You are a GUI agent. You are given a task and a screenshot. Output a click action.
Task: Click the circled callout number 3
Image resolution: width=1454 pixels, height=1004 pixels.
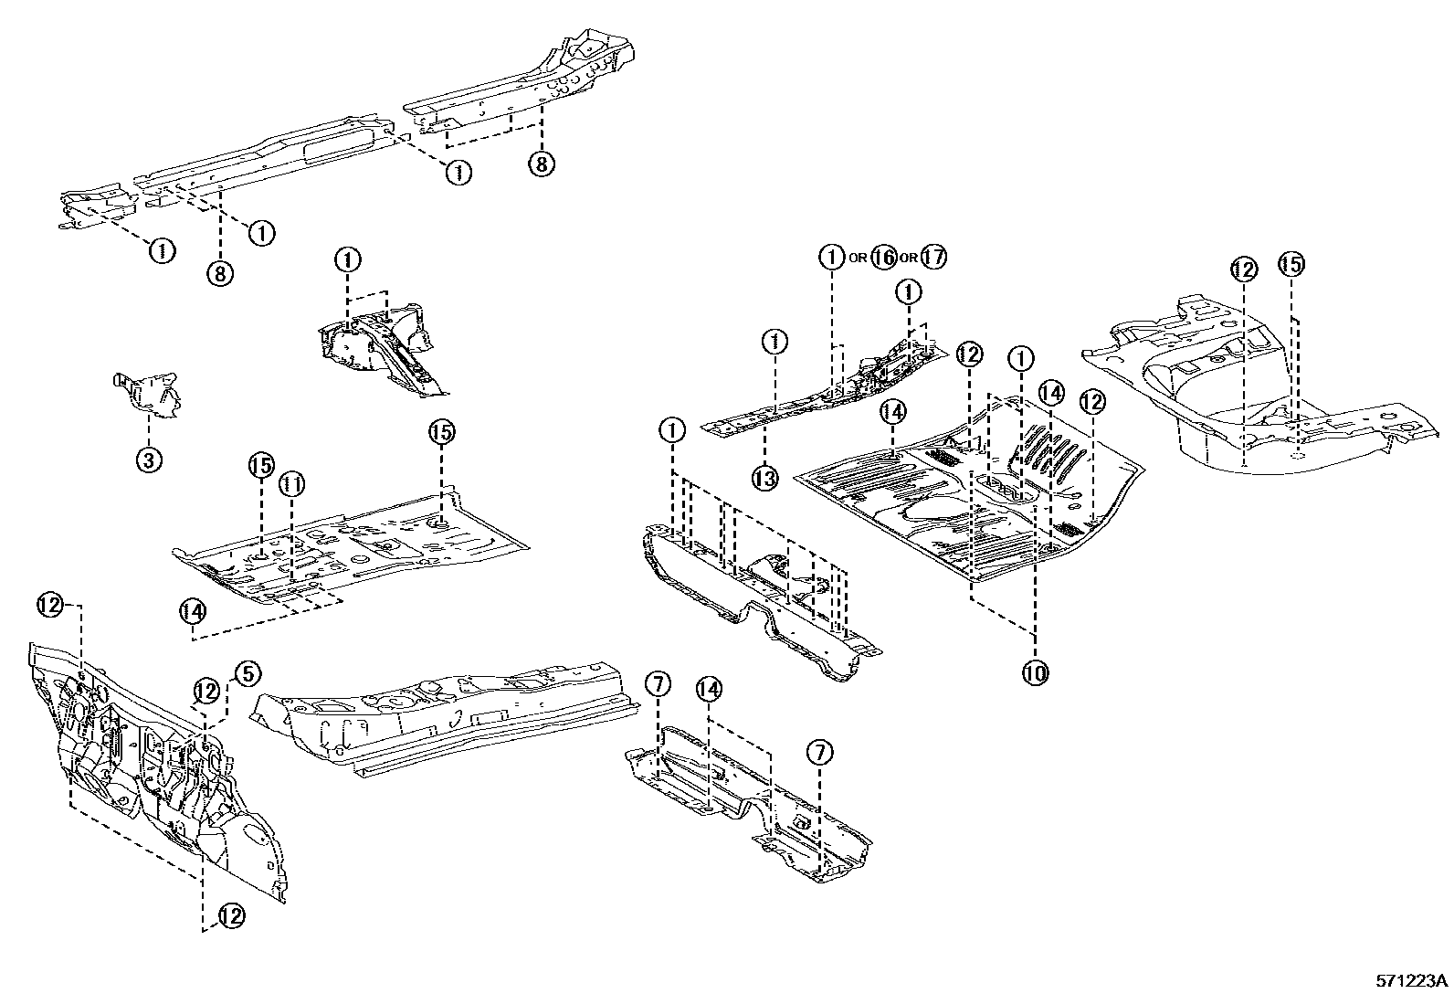149,460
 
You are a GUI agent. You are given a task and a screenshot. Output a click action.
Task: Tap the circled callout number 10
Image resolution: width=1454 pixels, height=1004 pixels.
1035,673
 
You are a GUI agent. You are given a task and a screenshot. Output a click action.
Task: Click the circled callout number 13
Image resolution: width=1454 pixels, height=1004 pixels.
765,477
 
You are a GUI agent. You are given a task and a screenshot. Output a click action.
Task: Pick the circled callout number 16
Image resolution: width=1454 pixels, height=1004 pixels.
882,258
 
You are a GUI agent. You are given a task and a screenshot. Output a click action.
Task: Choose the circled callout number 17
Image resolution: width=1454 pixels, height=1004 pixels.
933,258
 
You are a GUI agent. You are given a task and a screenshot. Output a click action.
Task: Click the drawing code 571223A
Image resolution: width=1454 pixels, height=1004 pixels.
1412,982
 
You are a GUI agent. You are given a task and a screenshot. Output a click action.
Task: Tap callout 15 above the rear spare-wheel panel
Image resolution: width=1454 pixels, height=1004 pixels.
1291,265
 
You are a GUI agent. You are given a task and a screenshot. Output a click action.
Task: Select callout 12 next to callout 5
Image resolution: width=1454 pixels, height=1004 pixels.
206,692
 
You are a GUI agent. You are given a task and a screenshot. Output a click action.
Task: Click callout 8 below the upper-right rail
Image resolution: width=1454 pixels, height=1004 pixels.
541,164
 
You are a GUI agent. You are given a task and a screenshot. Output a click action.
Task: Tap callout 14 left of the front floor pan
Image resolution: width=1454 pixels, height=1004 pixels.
192,610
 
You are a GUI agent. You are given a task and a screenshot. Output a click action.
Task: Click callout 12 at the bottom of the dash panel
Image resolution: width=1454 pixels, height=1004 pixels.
231,915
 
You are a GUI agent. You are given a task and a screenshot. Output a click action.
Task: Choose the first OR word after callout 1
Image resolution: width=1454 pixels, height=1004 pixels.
857,259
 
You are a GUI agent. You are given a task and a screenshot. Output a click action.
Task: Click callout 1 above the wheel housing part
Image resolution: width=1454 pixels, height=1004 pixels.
348,260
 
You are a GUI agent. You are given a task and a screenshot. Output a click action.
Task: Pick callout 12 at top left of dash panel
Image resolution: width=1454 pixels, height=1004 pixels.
50,604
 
